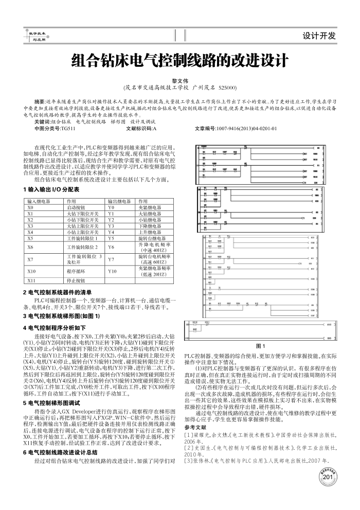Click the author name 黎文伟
(x=180, y=81)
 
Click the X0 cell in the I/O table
(x=30, y=206)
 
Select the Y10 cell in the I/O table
(x=113, y=270)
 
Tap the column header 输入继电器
(x=39, y=200)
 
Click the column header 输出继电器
(x=118, y=200)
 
